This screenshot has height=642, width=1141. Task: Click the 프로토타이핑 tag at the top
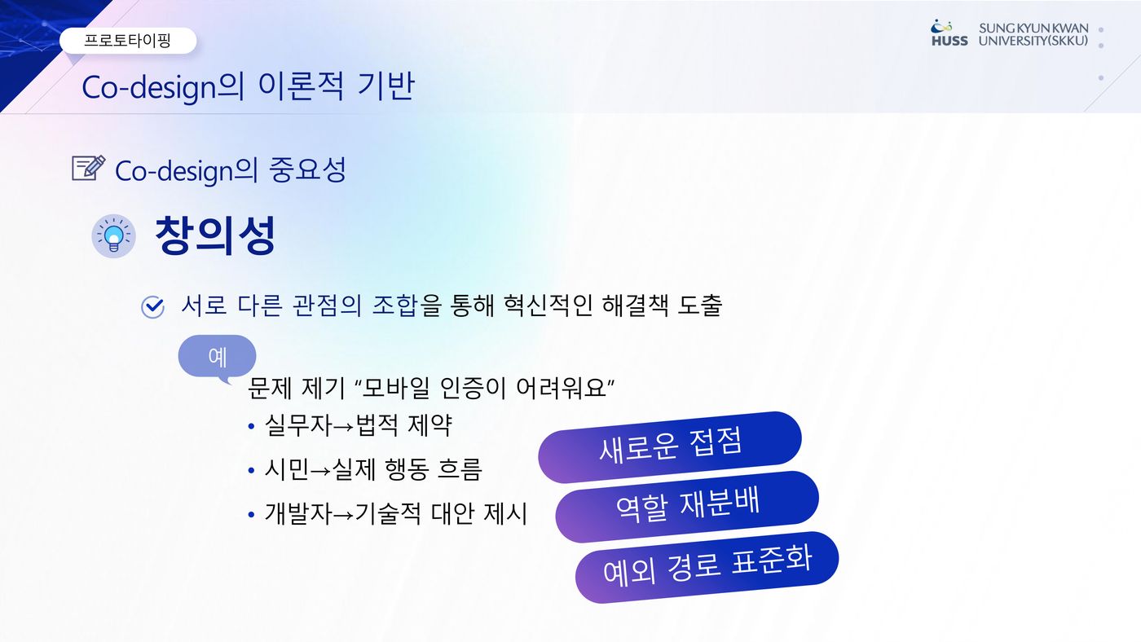click(128, 40)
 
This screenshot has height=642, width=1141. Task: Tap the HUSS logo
click(949, 33)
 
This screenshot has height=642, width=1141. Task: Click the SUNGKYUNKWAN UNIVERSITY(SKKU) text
click(1033, 34)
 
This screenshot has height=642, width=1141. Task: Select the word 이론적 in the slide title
click(301, 86)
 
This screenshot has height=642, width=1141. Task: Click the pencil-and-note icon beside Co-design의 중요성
click(89, 168)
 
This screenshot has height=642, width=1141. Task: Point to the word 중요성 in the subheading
click(308, 169)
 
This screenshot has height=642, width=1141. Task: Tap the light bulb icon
click(113, 235)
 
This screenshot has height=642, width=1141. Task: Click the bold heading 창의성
click(215, 235)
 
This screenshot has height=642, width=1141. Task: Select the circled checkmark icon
click(152, 306)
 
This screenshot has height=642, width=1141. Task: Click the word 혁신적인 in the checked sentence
click(548, 306)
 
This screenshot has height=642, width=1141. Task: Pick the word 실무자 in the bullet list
click(298, 425)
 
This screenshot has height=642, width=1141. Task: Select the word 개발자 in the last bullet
click(298, 513)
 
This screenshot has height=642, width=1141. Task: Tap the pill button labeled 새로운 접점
click(670, 446)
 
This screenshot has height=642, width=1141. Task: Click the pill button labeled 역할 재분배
click(687, 506)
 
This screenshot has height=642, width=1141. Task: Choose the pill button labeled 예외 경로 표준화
click(707, 567)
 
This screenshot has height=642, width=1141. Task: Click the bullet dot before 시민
click(251, 471)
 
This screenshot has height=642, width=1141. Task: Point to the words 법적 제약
click(403, 425)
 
